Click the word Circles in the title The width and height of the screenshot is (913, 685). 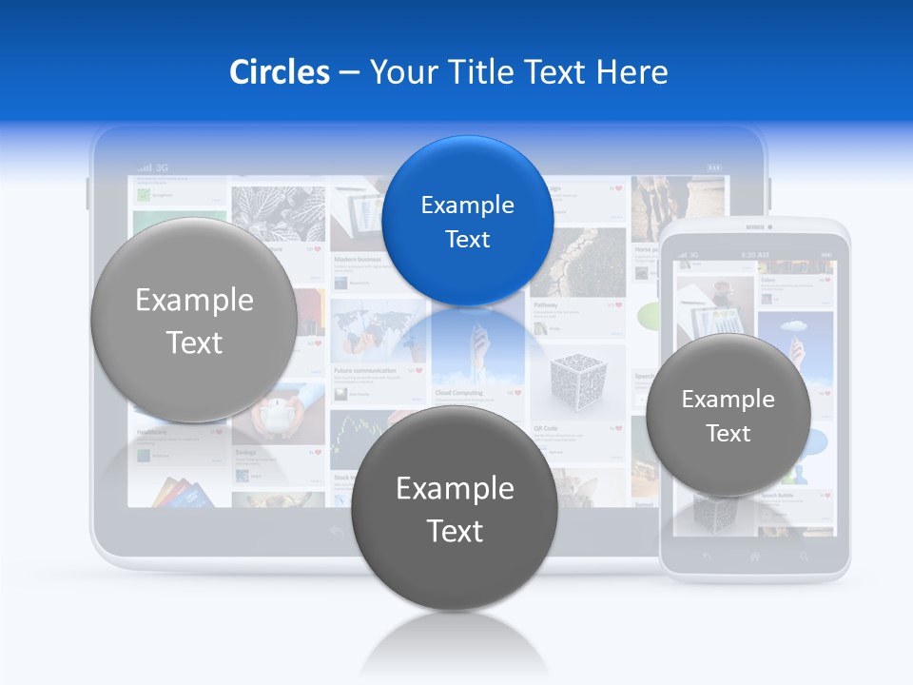point(279,72)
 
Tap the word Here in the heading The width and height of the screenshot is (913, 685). point(631,72)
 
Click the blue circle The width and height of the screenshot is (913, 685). point(467,221)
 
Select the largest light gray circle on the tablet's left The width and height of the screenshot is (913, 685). point(194,321)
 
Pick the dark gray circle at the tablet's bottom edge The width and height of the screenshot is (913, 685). point(455,508)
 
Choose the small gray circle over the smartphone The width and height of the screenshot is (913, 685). point(728,415)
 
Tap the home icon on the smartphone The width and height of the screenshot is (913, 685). point(755,556)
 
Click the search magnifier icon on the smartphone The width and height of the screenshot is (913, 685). point(804,556)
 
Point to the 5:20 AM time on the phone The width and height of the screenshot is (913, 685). point(754,255)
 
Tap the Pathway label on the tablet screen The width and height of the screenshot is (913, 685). point(545,305)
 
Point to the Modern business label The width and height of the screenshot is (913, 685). point(358,259)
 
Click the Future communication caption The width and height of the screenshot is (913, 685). point(364,370)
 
